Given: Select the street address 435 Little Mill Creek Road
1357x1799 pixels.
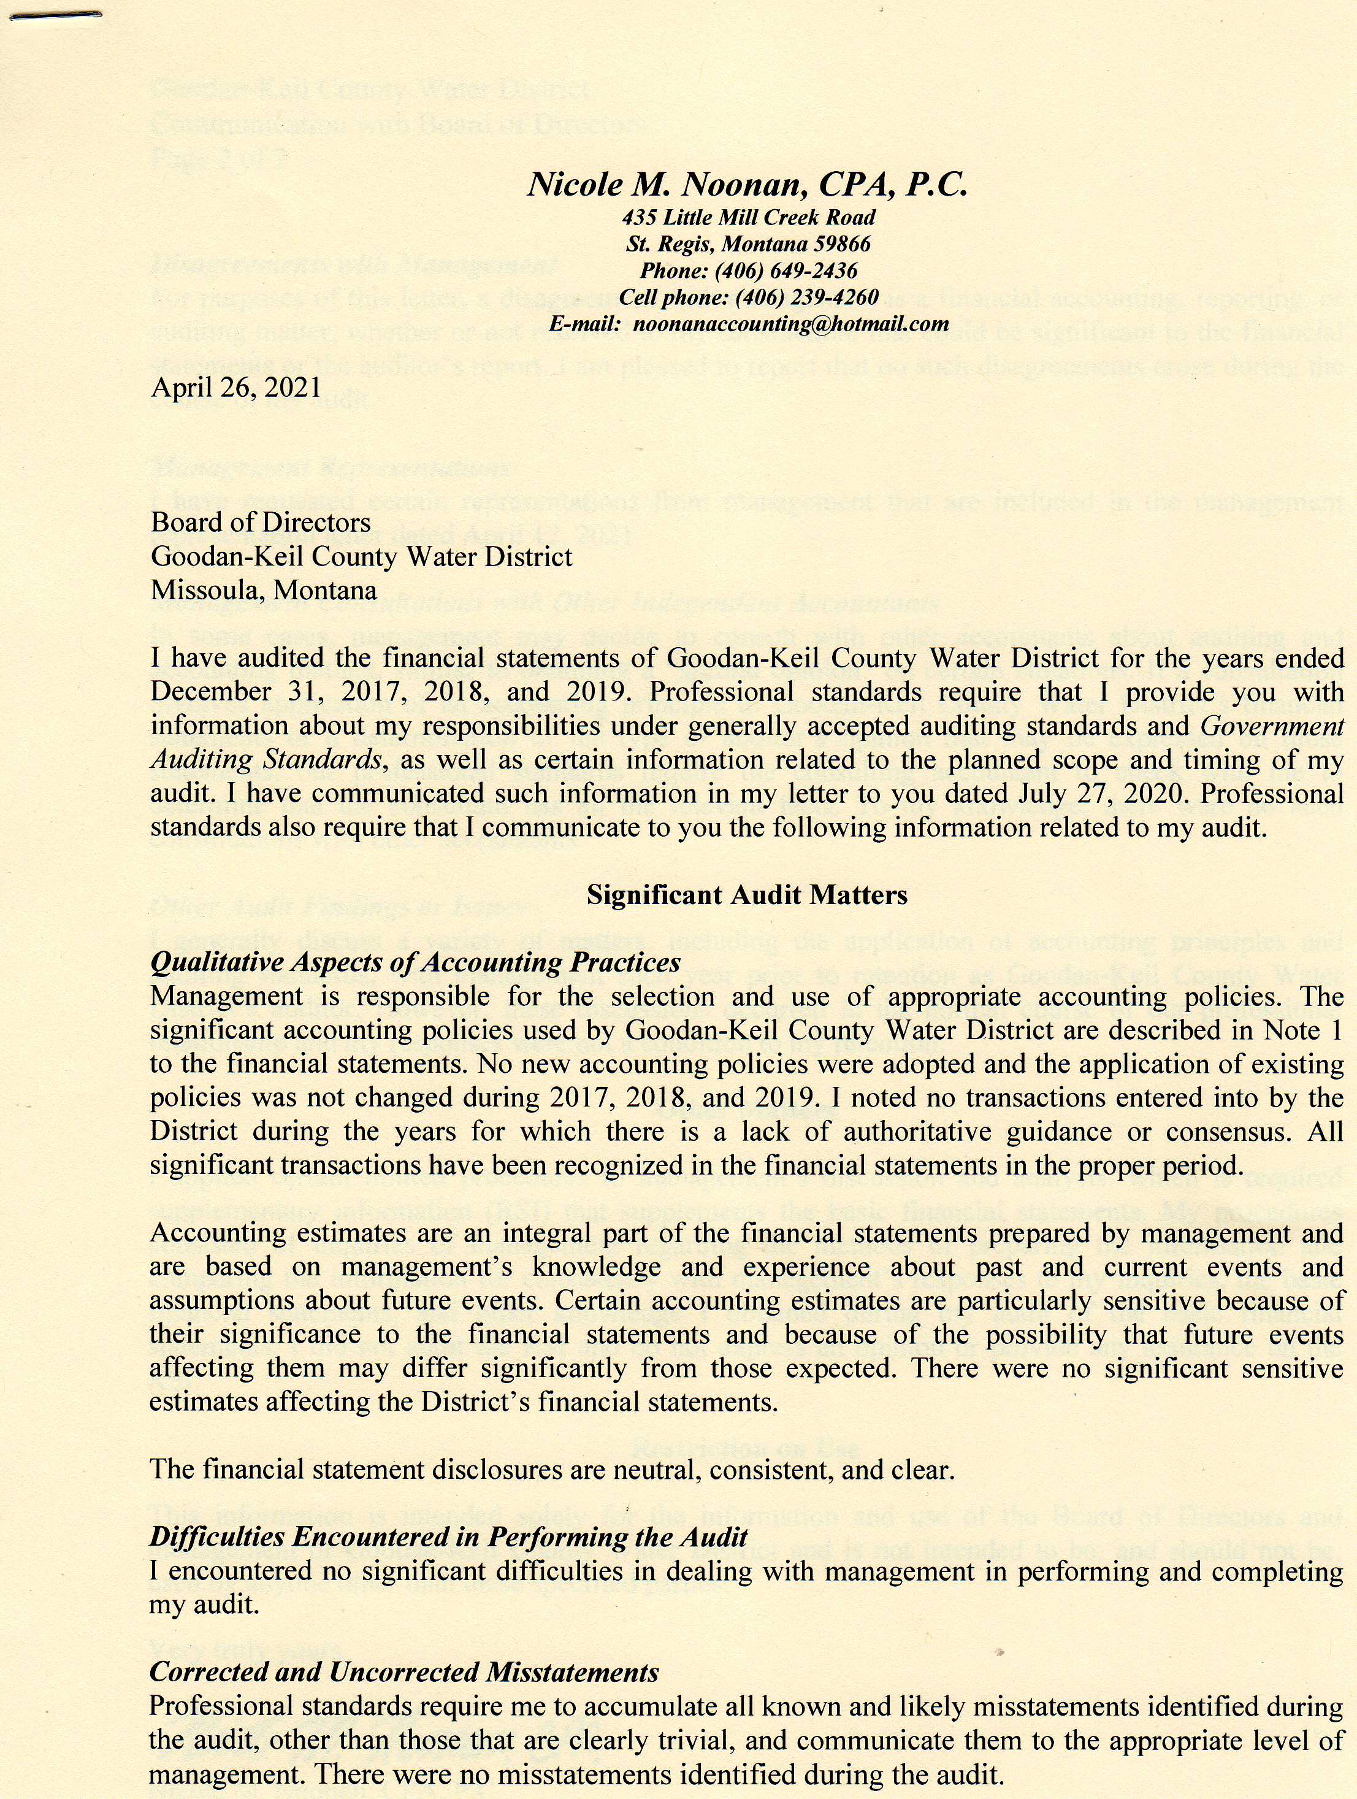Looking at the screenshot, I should pyautogui.click(x=748, y=217).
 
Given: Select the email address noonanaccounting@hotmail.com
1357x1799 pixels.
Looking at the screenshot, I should pyautogui.click(x=790, y=324).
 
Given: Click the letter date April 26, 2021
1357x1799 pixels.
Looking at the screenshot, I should pyautogui.click(x=236, y=386).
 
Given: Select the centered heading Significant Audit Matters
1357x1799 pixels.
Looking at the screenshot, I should pyautogui.click(x=746, y=896).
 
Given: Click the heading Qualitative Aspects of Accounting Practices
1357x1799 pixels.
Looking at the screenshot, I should pyautogui.click(x=415, y=962).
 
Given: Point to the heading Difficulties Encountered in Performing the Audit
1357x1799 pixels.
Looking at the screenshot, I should pyautogui.click(x=448, y=1537).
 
